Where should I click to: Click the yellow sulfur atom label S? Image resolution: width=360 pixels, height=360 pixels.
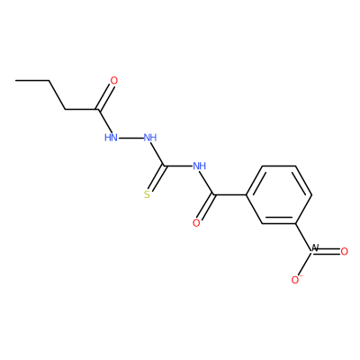pos(147,195)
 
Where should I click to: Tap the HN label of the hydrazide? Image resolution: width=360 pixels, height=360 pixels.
pos(111,138)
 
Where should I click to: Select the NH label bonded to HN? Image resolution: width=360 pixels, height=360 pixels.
pos(150,138)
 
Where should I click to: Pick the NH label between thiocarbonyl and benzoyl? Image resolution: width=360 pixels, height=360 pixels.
pos(200,166)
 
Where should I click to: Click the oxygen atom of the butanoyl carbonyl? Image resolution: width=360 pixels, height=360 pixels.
pos(114,81)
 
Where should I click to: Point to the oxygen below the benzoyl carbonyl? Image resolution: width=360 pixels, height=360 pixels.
pos(196,223)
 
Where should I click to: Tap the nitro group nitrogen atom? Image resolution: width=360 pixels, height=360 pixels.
pos(314,248)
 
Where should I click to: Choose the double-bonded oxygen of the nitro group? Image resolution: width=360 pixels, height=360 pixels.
pos(344,252)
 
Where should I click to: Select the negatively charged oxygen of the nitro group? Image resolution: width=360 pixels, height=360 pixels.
pos(296,280)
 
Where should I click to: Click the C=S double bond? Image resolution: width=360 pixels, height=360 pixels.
pos(156,178)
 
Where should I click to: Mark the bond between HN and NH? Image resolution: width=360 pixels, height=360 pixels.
pos(130,138)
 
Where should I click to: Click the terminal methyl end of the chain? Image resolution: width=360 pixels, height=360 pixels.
pos(15,80)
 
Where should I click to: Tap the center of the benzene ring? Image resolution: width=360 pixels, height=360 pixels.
pos(279,194)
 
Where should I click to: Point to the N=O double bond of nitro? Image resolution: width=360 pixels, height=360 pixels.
pos(327,252)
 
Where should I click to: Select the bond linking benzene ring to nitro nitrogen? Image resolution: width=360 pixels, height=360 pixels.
pos(303,237)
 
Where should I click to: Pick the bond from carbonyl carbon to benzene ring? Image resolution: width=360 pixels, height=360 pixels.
pos(230,195)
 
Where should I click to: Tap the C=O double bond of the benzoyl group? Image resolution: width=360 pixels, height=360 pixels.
pos(206,208)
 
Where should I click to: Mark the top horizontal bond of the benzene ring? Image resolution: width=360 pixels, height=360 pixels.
pos(279,166)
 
